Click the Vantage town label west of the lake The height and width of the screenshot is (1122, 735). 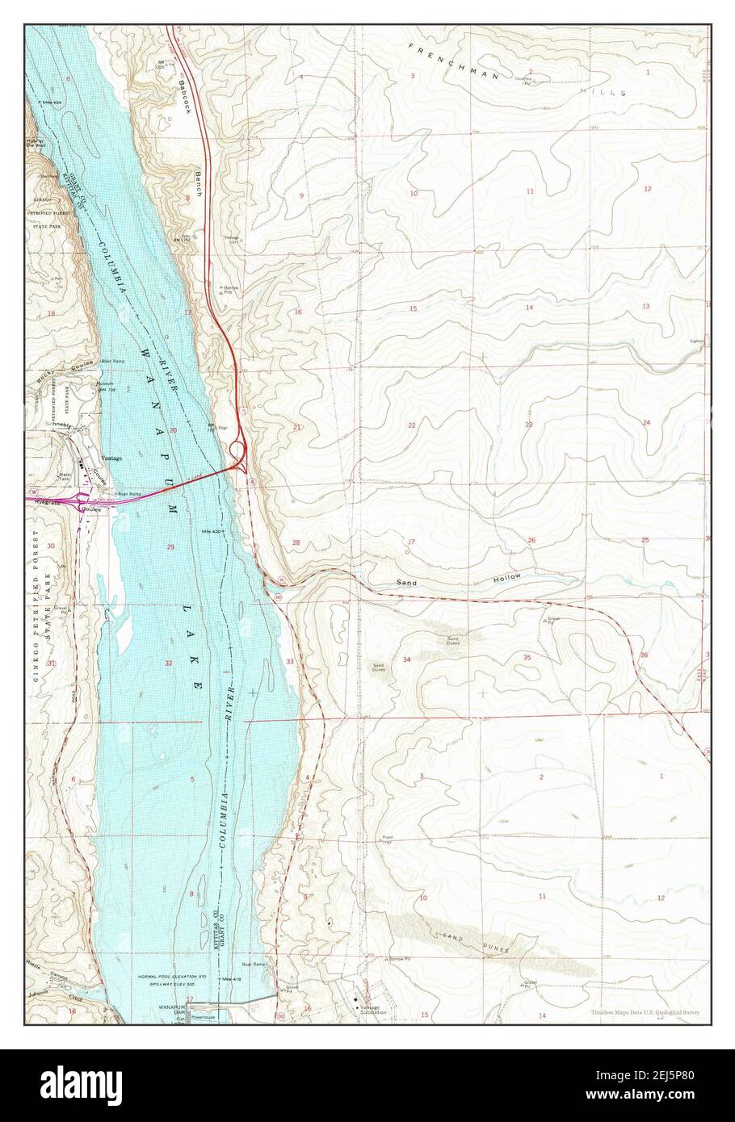click(111, 458)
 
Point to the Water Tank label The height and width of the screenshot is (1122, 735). click(67, 477)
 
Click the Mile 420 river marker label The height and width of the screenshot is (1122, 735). click(213, 532)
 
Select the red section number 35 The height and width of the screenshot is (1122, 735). click(527, 658)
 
